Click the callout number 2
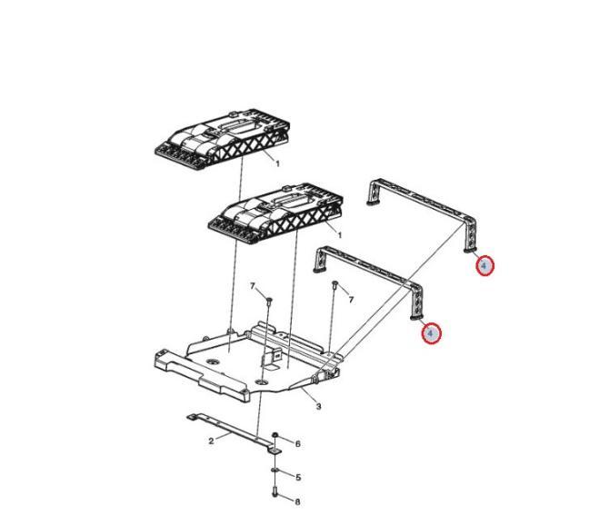[211, 441]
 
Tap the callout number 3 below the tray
[318, 406]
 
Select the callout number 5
[298, 477]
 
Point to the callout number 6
[298, 444]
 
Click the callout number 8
[297, 501]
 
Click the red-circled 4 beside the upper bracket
[484, 266]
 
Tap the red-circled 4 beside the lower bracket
[430, 333]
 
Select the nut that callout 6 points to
[275, 435]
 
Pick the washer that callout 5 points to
[275, 471]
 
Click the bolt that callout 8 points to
[275, 491]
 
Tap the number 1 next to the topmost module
[278, 163]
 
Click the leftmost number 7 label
[253, 286]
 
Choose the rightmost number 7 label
[351, 300]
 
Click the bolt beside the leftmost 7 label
[269, 301]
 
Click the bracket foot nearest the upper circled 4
[470, 251]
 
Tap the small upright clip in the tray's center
[273, 357]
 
